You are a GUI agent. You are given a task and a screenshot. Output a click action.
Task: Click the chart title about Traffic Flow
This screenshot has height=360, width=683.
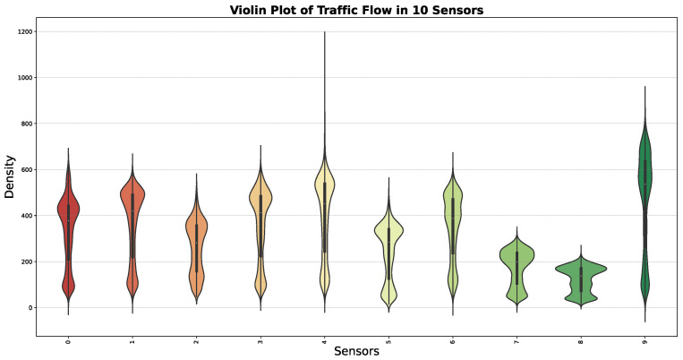pos(357,10)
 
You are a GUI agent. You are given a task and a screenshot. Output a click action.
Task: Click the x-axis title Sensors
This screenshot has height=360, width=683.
pos(357,351)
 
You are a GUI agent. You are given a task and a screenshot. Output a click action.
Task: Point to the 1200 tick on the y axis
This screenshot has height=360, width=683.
pos(24,31)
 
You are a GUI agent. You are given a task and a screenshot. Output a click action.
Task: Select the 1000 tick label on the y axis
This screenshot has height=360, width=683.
pos(24,78)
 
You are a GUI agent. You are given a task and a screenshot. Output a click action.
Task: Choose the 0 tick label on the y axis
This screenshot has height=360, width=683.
pos(30,308)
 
